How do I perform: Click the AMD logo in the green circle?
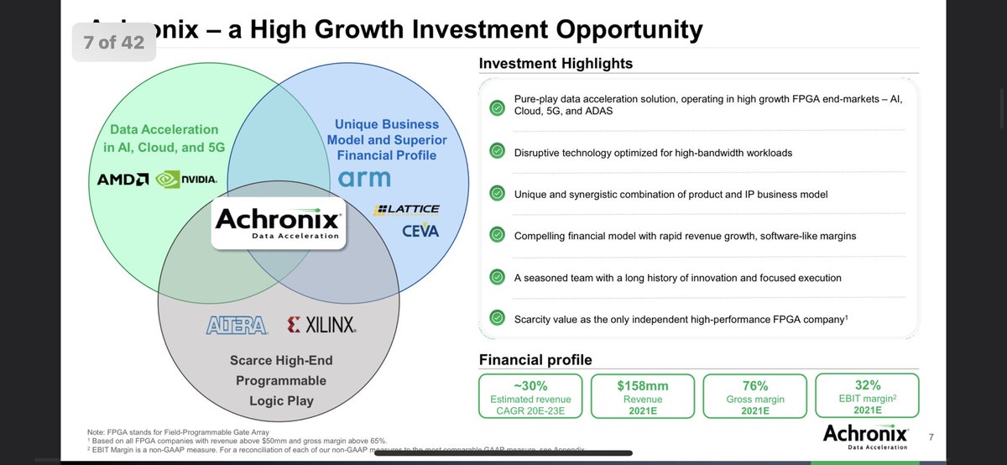tap(123, 180)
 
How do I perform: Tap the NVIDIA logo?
tap(187, 179)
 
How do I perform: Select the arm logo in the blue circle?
tap(365, 178)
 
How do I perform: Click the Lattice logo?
tap(408, 210)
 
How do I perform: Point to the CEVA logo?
tap(420, 230)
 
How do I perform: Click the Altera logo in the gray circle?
tap(237, 325)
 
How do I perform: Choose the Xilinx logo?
tap(321, 325)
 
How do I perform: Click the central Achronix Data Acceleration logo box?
tap(278, 223)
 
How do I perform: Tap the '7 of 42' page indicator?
tap(114, 42)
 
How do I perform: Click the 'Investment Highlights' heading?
tap(556, 64)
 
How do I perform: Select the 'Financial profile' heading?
tap(535, 360)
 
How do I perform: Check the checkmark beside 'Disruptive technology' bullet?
tap(498, 151)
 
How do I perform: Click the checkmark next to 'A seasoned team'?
tap(498, 277)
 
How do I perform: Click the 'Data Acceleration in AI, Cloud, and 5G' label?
tap(164, 138)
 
